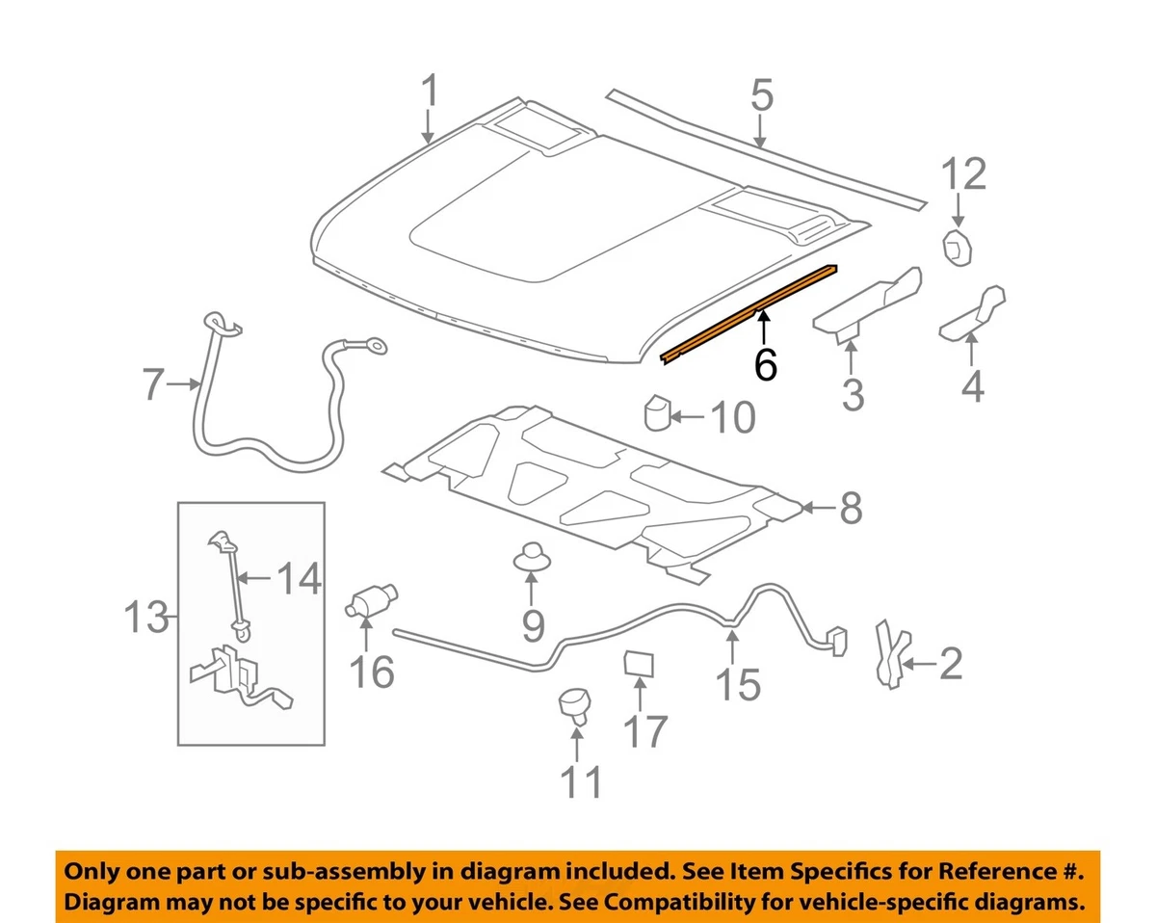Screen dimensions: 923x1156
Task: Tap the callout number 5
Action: (761, 96)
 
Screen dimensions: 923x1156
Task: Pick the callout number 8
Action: (849, 508)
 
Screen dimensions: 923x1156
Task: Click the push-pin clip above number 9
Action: (531, 556)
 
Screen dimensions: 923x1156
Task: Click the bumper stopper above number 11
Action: (575, 704)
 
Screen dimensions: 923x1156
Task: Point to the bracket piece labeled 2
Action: (887, 652)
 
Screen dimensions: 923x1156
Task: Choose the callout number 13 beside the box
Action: (147, 617)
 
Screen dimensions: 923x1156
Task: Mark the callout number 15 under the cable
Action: (738, 684)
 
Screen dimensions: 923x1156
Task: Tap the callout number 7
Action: (154, 384)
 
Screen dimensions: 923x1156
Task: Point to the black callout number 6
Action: (765, 364)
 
